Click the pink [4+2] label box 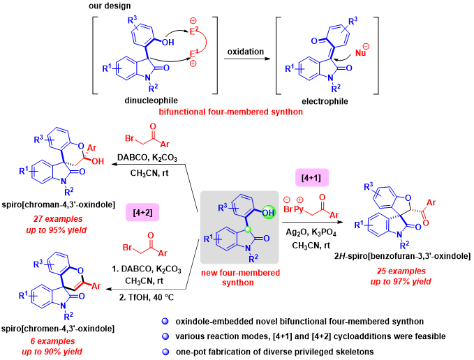tap(142, 212)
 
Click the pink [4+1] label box tap(312, 177)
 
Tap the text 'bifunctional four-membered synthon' tap(231, 112)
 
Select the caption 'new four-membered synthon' tap(240, 277)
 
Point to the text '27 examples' tap(57, 218)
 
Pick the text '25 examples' tap(401, 271)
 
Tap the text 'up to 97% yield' tap(401, 281)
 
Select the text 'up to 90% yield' tap(52, 352)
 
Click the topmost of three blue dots tap(165, 321)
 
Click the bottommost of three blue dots tap(165, 352)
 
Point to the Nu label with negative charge tap(360, 52)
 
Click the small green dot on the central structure tap(247, 228)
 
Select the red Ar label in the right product tap(431, 202)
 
